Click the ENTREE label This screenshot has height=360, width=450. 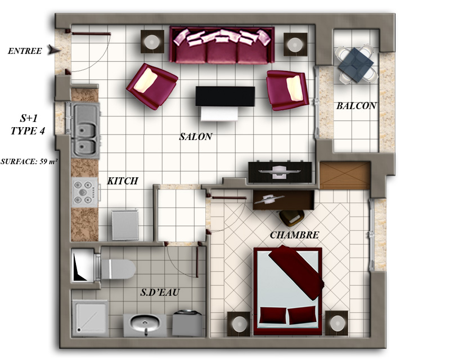25,51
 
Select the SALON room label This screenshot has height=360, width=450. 196,137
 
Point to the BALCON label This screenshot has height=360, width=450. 356,106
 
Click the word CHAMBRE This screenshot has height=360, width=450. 294,235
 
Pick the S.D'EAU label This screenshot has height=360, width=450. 160,292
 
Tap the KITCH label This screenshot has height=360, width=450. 123,181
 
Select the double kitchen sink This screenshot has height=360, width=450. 85,130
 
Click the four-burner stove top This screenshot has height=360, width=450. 85,192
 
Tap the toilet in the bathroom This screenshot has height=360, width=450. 117,269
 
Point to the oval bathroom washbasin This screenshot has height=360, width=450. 145,325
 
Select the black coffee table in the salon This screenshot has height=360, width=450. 226,96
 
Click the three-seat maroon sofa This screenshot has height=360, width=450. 222,45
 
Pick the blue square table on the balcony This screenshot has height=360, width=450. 356,65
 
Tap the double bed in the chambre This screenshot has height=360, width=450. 287,291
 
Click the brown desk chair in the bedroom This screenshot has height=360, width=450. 292,218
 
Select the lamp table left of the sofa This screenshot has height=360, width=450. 152,42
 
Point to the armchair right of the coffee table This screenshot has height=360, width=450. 287,90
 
